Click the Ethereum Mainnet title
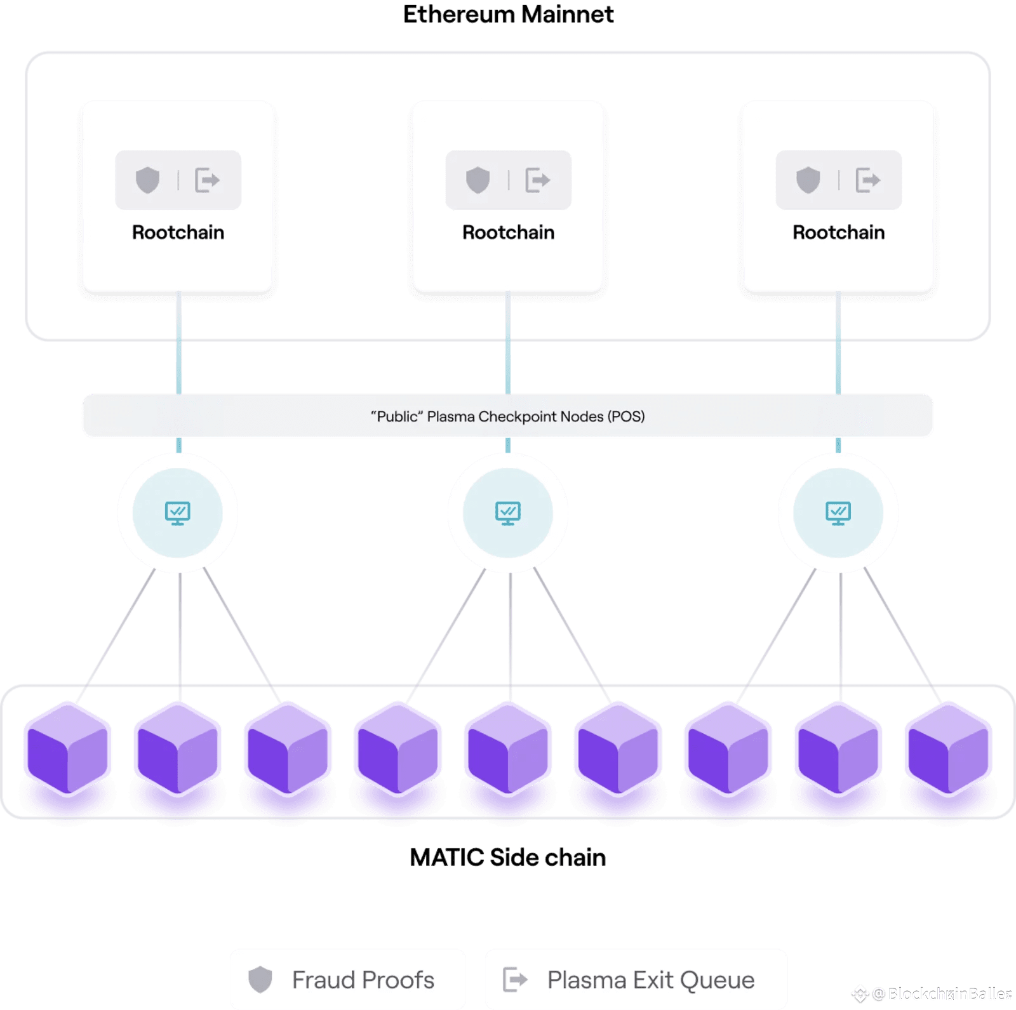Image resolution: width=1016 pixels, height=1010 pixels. pos(508,15)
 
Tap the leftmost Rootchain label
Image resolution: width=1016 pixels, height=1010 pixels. pos(178,232)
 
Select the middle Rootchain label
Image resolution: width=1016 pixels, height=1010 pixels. pos(508,232)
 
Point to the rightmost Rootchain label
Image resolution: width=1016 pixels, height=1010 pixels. pos(838,232)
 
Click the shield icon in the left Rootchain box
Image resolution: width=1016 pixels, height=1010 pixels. pos(147,180)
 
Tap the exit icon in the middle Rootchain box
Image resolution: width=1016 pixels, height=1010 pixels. pos(537,180)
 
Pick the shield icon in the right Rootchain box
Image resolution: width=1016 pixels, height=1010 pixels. pos(808,180)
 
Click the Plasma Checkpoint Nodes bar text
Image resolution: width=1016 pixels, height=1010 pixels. pos(508,416)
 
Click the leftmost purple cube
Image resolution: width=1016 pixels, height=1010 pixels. pos(68,749)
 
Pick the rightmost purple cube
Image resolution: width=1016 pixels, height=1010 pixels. pos(948,749)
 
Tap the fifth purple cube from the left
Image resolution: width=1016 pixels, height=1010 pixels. pos(508,749)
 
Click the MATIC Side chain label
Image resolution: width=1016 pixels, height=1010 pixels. pos(508,858)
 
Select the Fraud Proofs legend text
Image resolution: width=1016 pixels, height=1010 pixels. pos(363,980)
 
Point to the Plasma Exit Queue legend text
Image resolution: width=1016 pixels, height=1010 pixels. pos(651,980)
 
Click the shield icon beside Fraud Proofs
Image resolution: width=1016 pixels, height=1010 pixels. pos(260,980)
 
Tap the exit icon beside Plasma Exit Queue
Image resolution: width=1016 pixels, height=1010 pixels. pos(515,980)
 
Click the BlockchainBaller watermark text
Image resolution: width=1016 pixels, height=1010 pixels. pos(949,994)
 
